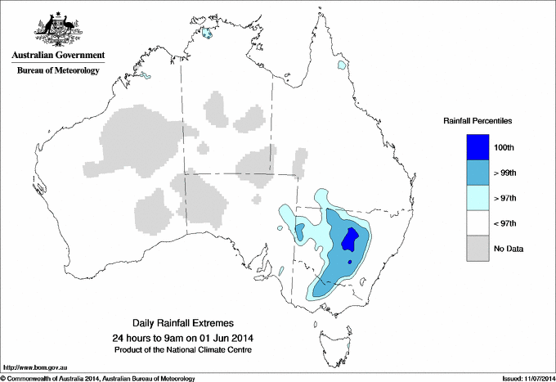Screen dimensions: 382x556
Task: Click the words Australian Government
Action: click(x=57, y=56)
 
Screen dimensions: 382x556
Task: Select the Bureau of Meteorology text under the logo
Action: click(x=57, y=70)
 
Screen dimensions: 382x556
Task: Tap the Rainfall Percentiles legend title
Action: click(x=478, y=120)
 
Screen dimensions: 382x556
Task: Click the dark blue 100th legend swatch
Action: click(x=478, y=147)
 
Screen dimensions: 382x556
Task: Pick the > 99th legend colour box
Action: click(x=478, y=173)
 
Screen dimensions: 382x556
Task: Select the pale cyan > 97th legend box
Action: click(x=478, y=198)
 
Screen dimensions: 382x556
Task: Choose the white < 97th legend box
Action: click(x=478, y=223)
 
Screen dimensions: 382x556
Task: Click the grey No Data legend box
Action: click(x=478, y=249)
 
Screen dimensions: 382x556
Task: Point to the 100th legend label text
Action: click(x=504, y=148)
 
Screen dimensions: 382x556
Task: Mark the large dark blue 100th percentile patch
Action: click(x=351, y=239)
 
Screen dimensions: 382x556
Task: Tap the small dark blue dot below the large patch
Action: click(x=350, y=262)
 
